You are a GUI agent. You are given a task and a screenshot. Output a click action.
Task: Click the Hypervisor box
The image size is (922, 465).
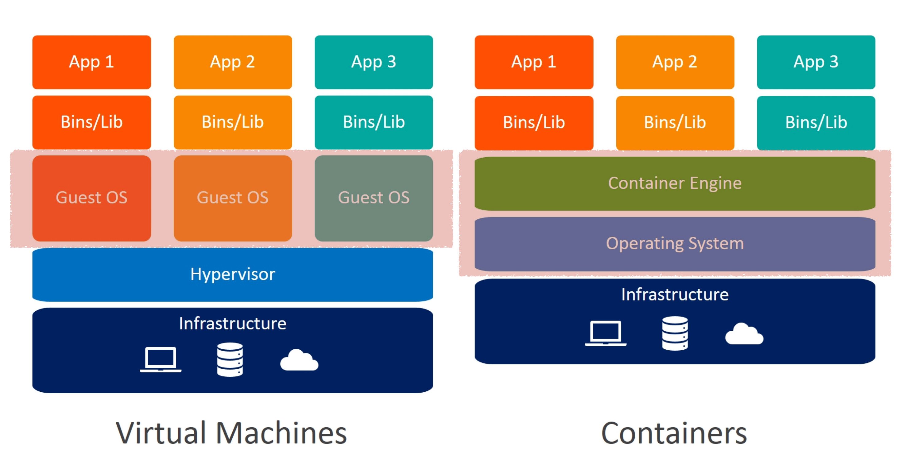pos(233,274)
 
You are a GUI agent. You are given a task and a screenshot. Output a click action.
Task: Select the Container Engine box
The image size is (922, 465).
pos(675,183)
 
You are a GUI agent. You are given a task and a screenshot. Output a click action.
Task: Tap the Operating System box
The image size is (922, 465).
pos(675,244)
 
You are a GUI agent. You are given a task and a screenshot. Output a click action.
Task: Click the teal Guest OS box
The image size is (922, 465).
pos(374,198)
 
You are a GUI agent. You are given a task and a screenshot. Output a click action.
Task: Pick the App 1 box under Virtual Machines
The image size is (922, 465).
pos(92,62)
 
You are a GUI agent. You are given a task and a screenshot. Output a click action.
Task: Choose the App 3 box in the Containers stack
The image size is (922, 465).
pos(816,62)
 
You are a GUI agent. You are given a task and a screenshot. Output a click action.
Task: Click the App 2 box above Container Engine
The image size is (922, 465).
pos(675,62)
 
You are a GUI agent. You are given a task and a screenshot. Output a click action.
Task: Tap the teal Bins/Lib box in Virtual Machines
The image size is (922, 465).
pos(374,122)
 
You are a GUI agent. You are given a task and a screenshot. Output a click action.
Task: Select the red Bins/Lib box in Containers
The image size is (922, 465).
pos(534,123)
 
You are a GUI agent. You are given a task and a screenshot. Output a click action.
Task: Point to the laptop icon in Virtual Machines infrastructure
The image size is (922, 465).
pos(161,359)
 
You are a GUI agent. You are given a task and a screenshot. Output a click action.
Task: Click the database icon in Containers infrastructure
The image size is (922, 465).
pos(675,333)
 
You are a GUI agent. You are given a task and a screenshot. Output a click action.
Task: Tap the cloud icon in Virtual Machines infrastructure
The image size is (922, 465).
pos(299,360)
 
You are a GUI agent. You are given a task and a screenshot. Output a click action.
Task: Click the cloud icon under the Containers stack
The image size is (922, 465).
pos(745,334)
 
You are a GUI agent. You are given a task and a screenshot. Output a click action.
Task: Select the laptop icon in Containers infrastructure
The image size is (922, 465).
pos(606,333)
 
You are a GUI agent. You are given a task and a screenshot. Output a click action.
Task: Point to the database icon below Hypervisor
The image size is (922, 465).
pos(230,359)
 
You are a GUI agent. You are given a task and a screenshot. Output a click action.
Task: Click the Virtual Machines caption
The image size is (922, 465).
pos(231,433)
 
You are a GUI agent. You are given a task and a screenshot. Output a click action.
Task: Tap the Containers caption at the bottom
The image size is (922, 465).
pos(674,433)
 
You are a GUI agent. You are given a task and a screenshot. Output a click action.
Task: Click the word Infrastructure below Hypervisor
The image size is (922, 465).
pos(233,323)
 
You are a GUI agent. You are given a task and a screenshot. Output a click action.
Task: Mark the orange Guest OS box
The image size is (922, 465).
pos(233,198)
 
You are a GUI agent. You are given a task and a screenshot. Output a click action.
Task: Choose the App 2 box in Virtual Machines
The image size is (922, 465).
pos(233,62)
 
